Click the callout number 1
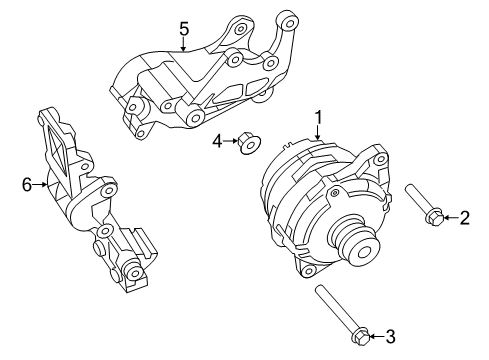click(318, 119)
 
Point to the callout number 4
click(216, 143)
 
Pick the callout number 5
click(184, 29)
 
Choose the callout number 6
click(27, 183)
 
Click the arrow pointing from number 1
click(318, 135)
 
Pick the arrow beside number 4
click(229, 143)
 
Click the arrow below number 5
click(184, 44)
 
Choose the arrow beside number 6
click(40, 183)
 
